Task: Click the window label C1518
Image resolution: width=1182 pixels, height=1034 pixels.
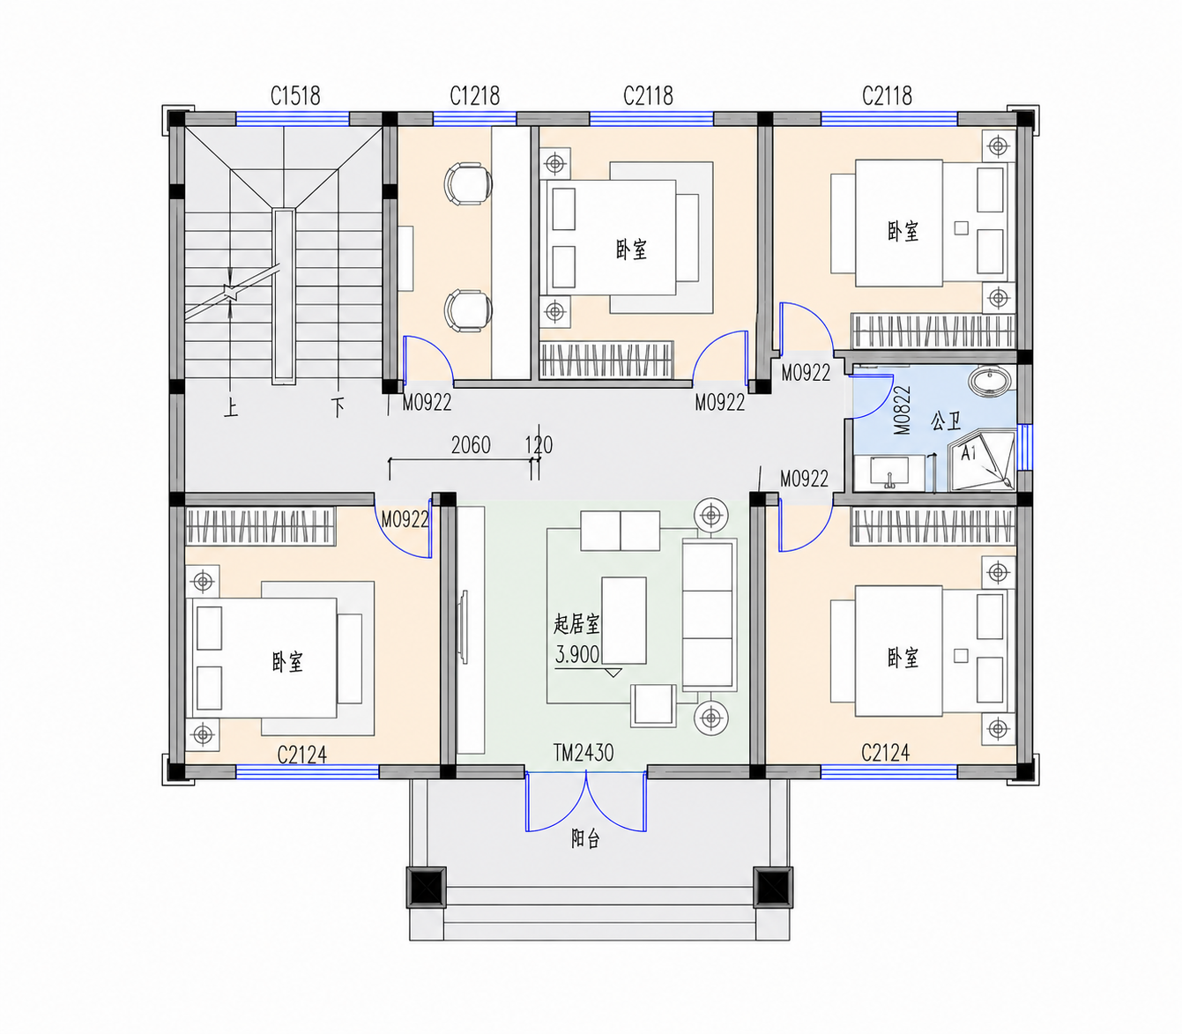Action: (295, 96)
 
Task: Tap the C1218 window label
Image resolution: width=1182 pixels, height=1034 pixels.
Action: (474, 96)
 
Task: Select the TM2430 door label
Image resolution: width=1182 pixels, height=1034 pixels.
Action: (584, 753)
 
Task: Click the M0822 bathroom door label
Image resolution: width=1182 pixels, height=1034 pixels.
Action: (902, 410)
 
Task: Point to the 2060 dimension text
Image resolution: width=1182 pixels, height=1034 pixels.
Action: (471, 445)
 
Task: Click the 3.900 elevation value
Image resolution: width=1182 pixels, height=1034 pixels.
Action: (577, 654)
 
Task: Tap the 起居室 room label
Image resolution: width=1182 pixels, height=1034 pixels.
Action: (576, 624)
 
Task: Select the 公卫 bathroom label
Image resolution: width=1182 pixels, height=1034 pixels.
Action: (946, 421)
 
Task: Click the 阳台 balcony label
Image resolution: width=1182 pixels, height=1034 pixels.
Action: (586, 839)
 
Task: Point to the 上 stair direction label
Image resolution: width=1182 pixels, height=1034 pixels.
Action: (231, 408)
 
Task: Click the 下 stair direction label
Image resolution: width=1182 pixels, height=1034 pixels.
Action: (338, 407)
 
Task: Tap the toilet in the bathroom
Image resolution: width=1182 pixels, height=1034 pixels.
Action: (990, 381)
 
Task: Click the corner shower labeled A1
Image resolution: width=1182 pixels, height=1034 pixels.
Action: (982, 460)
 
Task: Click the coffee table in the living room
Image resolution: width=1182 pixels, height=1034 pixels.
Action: (624, 621)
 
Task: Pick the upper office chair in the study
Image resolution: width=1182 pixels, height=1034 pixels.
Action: (468, 183)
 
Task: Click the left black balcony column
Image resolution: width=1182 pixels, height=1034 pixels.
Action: (427, 887)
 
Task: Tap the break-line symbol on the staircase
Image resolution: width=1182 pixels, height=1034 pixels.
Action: (231, 293)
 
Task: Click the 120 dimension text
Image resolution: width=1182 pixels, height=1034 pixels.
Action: (539, 445)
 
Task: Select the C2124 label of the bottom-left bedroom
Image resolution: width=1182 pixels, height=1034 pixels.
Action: (302, 755)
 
